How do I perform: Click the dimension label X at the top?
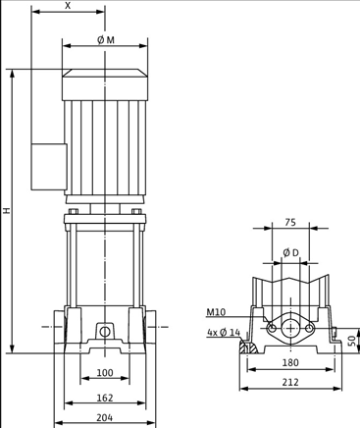68,6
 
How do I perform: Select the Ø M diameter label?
105,40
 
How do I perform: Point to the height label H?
6,211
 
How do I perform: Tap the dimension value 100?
105,373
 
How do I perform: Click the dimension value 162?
105,398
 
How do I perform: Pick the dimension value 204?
105,417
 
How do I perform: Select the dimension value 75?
290,223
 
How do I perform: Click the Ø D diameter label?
290,253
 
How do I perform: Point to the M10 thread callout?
216,312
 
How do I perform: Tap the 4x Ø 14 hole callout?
223,332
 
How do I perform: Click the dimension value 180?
290,362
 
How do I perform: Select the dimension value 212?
290,382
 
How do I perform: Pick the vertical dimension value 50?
352,340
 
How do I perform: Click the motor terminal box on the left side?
47,167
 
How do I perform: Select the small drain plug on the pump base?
105,331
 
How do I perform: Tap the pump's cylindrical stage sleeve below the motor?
105,265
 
